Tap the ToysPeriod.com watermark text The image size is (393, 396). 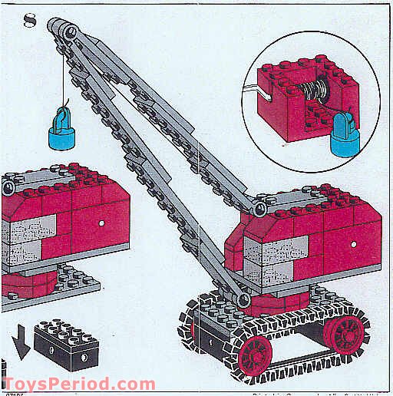pyautogui.click(x=78, y=384)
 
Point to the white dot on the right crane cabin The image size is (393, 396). pyautogui.click(x=354, y=244)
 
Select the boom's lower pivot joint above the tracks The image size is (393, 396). pyautogui.click(x=242, y=296)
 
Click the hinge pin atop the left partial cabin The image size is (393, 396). pyautogui.click(x=9, y=186)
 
